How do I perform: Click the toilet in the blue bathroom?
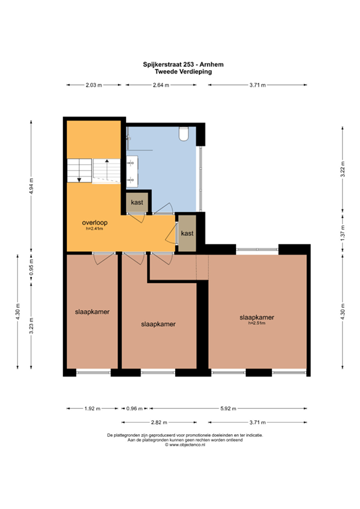(184, 134)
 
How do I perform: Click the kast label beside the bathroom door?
(137, 202)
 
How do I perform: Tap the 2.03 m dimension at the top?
(93, 85)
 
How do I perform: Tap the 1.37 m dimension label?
(343, 235)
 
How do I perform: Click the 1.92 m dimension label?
(92, 408)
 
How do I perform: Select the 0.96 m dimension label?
(135, 408)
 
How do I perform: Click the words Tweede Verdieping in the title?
(180, 72)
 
